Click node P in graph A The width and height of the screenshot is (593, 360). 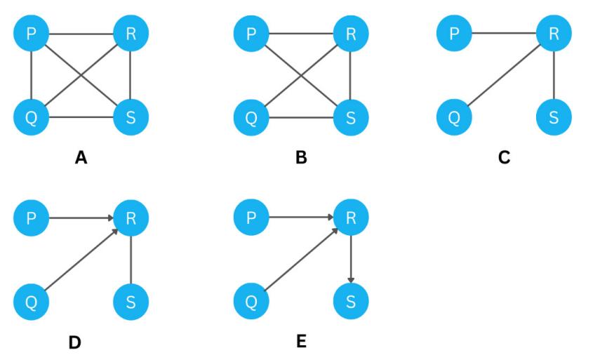pyautogui.click(x=31, y=34)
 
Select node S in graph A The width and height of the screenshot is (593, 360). pyautogui.click(x=131, y=116)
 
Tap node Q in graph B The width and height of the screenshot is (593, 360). pyautogui.click(x=251, y=116)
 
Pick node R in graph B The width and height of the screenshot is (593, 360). pyautogui.click(x=350, y=34)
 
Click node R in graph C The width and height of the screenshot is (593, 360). pyautogui.click(x=554, y=34)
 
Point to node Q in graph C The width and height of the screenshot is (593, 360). pyautogui.click(x=454, y=116)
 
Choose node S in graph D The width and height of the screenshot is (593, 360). pyautogui.click(x=131, y=302)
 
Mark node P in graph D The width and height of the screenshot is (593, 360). pyautogui.click(x=31, y=219)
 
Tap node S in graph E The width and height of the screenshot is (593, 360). pyautogui.click(x=350, y=302)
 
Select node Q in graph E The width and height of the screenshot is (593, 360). pyautogui.click(x=251, y=302)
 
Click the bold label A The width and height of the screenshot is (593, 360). pyautogui.click(x=81, y=157)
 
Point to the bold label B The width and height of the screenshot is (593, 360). pyautogui.click(x=301, y=157)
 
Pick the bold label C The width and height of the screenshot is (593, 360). pyautogui.click(x=504, y=157)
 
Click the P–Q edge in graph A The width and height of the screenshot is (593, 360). pyautogui.click(x=31, y=75)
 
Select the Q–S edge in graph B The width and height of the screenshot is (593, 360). pyautogui.click(x=300, y=116)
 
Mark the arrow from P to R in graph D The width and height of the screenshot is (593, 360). pyautogui.click(x=81, y=219)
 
